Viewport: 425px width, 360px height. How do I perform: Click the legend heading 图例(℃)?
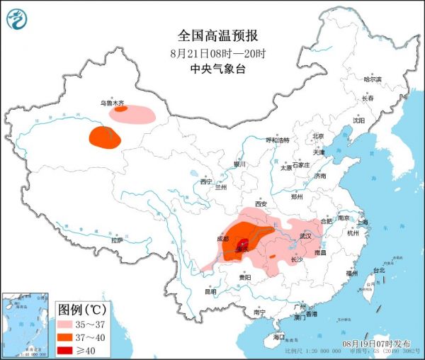[81, 309]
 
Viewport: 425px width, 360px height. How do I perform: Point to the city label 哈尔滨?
[372, 79]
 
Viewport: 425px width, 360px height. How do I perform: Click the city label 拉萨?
[117, 240]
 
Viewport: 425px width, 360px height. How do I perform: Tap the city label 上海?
[363, 222]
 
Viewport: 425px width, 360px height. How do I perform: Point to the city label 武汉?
[305, 235]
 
